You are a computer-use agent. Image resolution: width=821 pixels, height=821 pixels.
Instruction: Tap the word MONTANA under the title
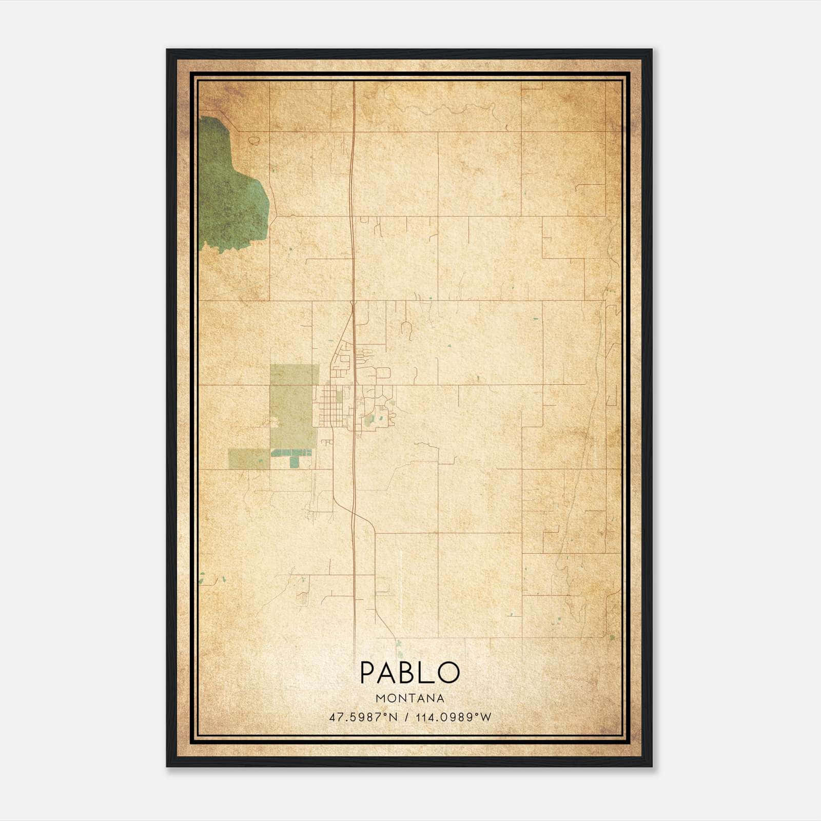pos(410,698)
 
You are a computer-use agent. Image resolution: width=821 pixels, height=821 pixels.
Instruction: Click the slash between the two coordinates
pos(406,717)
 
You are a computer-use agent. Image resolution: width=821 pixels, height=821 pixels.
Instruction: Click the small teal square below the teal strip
pos(294,462)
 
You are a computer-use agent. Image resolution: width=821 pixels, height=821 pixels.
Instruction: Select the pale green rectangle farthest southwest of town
pos(249,459)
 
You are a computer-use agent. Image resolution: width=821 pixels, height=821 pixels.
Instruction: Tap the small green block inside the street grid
pos(339,397)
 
